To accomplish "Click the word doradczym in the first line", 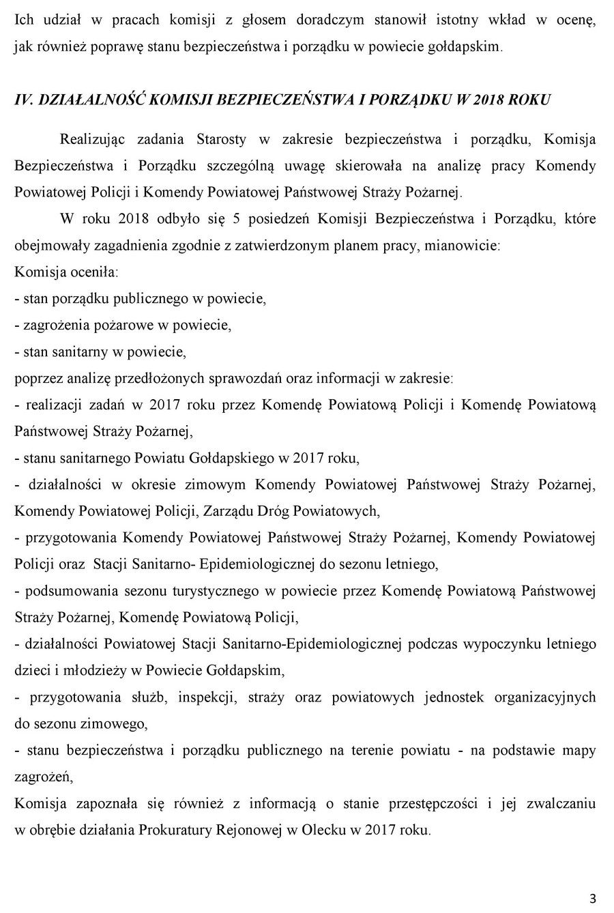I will tap(333, 20).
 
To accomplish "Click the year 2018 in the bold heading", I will tap(491, 100).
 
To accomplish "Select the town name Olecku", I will tap(330, 830).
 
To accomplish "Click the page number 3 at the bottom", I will tap(593, 897).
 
